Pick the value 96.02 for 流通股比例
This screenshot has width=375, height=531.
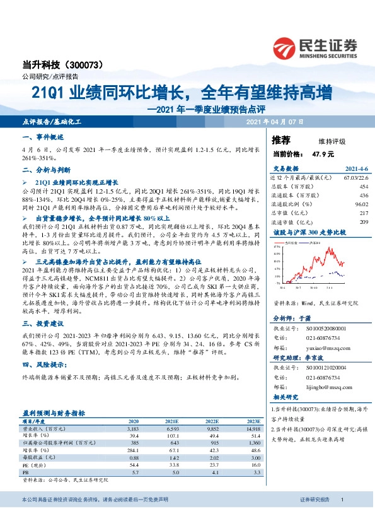(361, 204)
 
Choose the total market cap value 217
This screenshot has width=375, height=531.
(363, 213)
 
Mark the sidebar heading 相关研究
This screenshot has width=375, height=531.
(287, 397)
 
